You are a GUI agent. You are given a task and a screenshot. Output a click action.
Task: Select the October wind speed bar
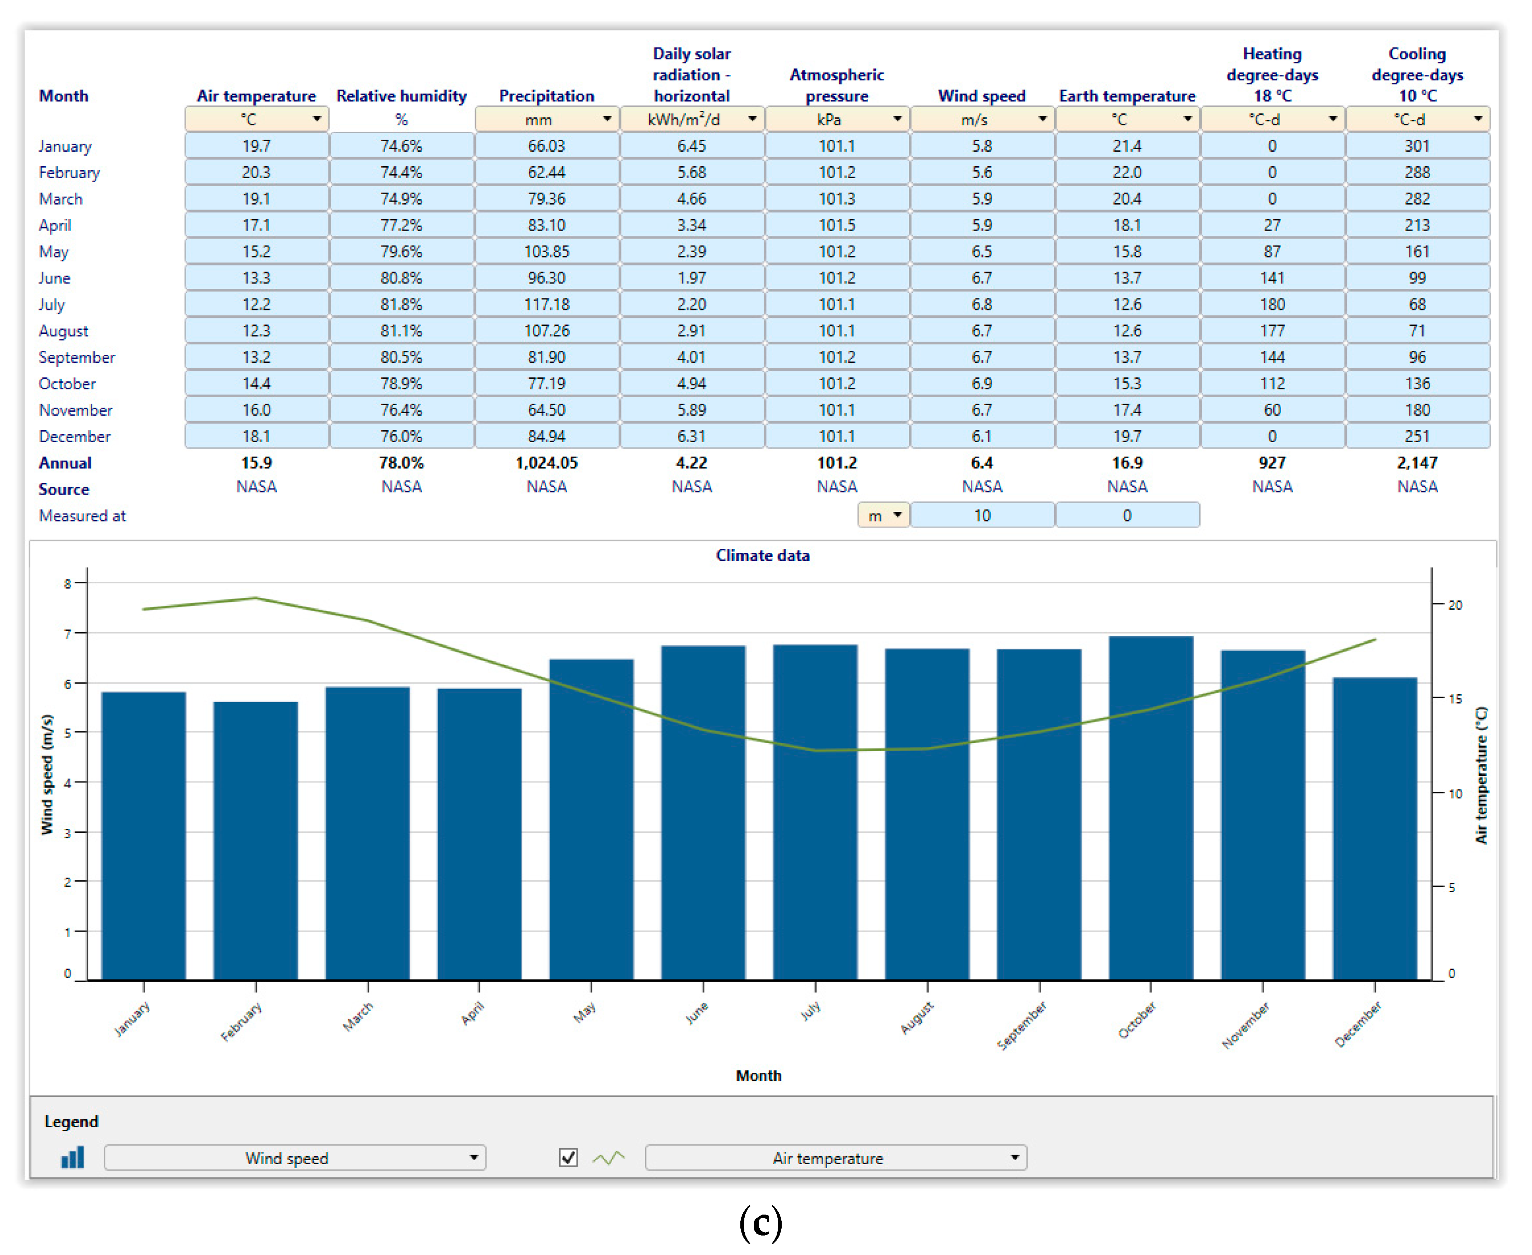(1152, 810)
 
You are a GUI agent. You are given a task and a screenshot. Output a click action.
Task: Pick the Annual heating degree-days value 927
(1273, 463)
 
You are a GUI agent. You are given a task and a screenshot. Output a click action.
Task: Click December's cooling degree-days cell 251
(1418, 437)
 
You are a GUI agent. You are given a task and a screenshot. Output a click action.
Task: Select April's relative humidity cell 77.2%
(402, 226)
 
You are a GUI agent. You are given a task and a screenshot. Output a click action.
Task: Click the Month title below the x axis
(759, 1076)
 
